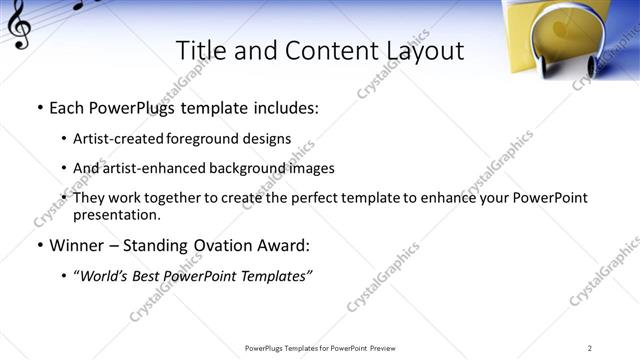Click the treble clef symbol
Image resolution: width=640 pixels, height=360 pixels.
18,29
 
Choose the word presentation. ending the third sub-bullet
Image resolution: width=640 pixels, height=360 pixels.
116,214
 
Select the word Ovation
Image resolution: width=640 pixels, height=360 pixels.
229,244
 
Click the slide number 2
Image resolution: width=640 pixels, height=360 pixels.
590,348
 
